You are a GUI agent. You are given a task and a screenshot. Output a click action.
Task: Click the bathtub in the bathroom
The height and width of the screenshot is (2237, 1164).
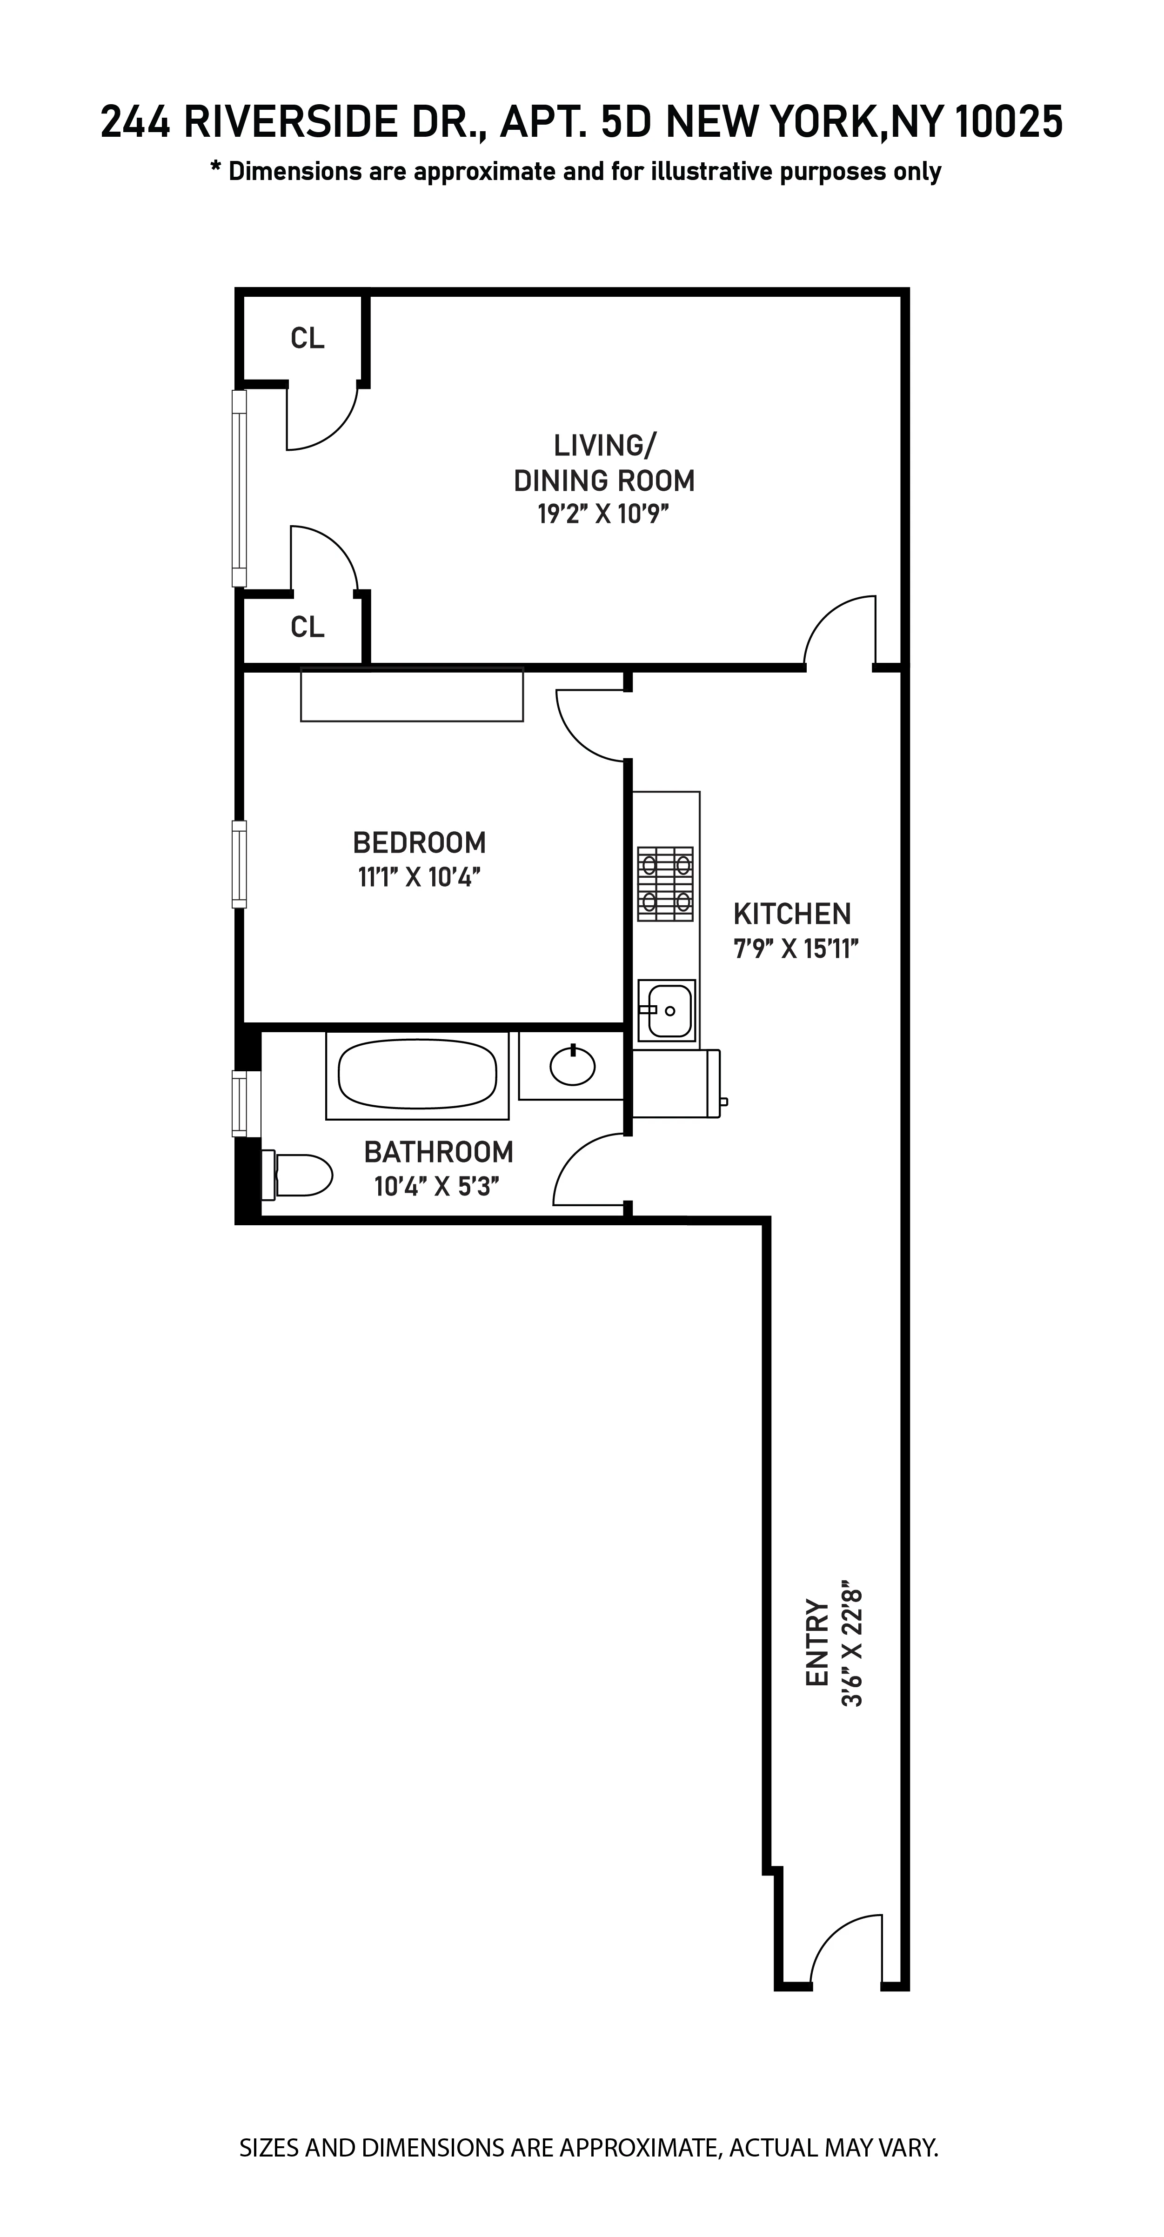(x=417, y=1075)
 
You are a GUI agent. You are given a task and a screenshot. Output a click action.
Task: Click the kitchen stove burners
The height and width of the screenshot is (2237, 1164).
(x=665, y=883)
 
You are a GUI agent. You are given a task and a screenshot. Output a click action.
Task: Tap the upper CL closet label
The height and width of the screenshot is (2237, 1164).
(x=308, y=339)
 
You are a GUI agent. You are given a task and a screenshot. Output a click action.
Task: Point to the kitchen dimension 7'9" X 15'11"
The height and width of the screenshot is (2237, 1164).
(x=796, y=948)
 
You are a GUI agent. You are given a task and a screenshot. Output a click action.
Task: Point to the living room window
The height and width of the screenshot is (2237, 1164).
(x=239, y=488)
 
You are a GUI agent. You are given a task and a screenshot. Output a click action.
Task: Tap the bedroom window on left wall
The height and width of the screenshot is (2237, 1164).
(x=239, y=864)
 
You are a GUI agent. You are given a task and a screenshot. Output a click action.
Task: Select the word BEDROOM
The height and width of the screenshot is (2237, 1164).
(x=420, y=842)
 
